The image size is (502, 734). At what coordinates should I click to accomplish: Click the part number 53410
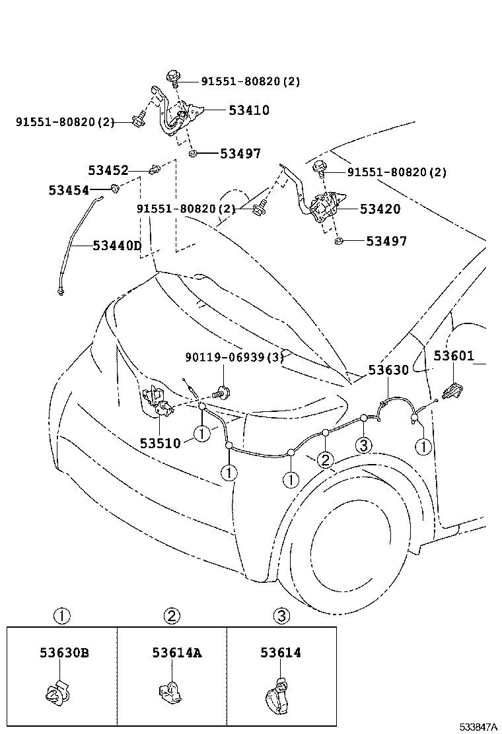coord(249,110)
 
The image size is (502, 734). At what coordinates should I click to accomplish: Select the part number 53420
coord(380,209)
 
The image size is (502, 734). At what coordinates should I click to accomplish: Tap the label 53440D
coord(117,246)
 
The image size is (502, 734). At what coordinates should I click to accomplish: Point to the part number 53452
coord(108,170)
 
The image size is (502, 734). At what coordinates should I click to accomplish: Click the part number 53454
coord(68,190)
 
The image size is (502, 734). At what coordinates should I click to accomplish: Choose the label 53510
coord(160,442)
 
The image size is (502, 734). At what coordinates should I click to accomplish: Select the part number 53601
coord(454,356)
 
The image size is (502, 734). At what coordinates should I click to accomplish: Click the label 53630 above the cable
coord(388,370)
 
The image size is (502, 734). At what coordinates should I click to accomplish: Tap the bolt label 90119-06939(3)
coord(234,356)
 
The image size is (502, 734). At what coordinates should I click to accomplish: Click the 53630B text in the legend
coord(64,653)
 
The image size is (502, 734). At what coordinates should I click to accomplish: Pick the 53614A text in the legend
coord(176,653)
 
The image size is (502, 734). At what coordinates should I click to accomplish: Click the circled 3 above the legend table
coord(281,617)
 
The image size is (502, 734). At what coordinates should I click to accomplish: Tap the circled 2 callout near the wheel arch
coord(325,459)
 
